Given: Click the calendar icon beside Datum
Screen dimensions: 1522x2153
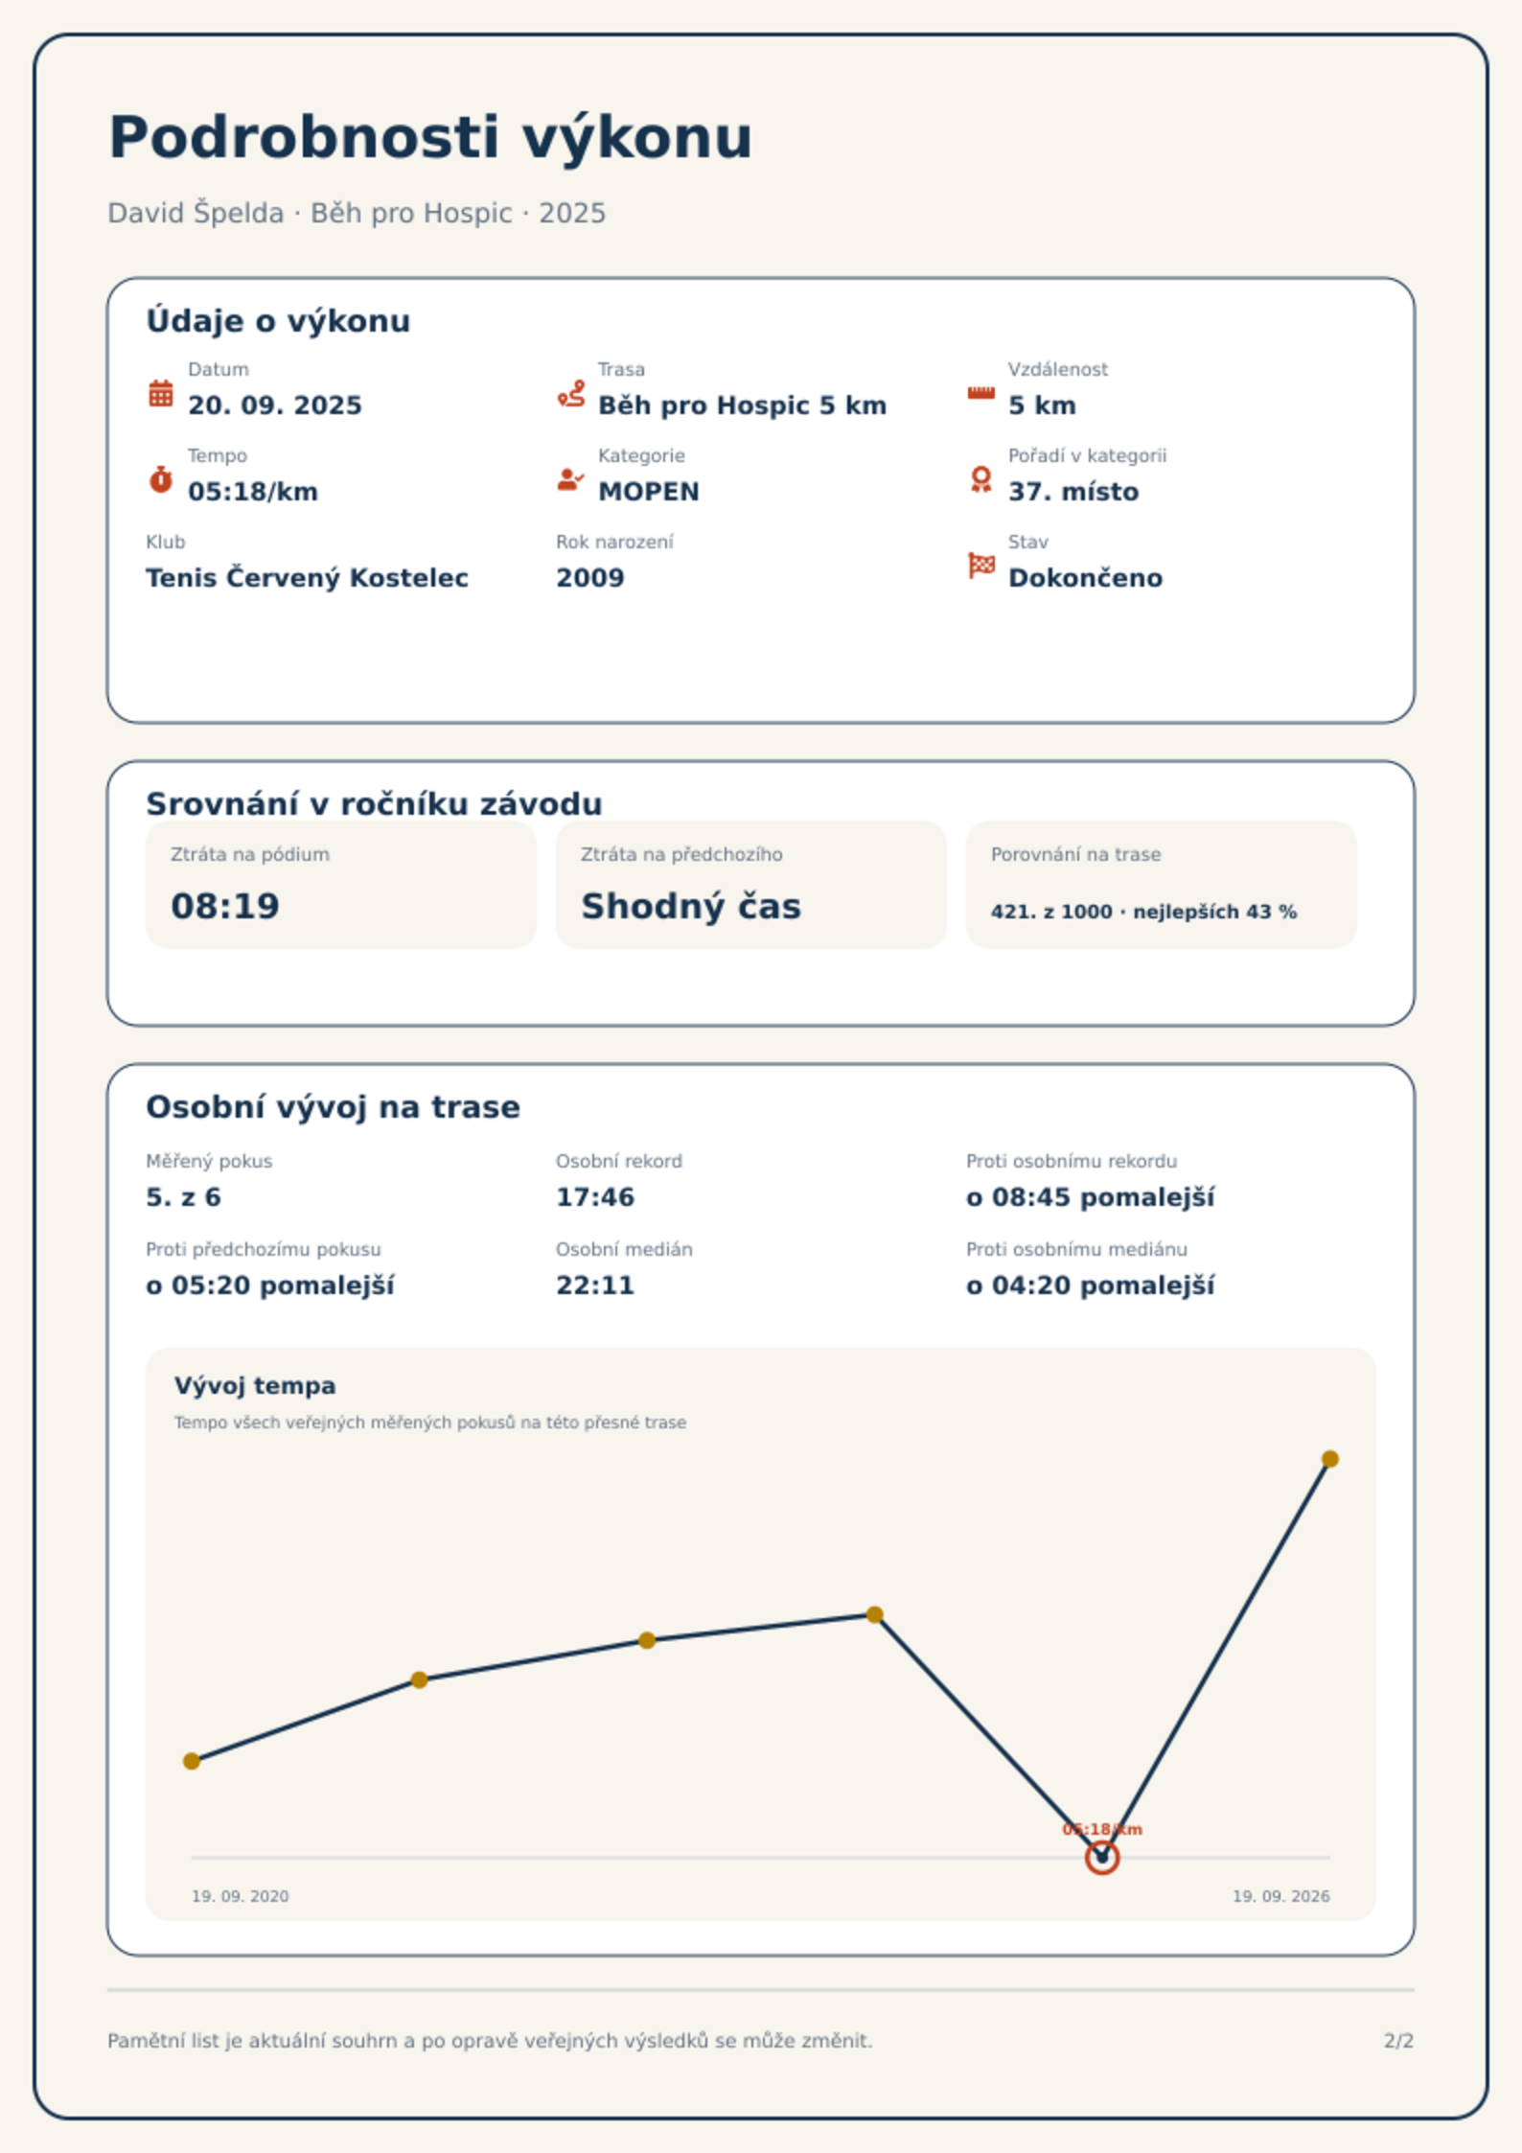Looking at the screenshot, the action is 161,393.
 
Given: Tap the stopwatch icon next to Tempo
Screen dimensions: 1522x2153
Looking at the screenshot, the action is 161,479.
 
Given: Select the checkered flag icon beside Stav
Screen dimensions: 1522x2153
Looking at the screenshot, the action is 981,566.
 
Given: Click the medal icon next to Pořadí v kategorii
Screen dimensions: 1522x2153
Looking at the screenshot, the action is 980,479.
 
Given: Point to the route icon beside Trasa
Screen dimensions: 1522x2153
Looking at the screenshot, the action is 571,393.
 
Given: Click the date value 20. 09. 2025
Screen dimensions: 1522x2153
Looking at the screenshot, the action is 275,405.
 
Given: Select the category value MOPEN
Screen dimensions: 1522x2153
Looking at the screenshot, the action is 649,492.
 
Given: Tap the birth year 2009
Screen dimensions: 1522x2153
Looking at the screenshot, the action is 590,578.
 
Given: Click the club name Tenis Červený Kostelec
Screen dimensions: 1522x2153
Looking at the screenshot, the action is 307,578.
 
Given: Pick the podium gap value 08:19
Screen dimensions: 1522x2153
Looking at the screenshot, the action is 225,906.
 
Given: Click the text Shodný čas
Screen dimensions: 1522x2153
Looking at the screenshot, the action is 691,906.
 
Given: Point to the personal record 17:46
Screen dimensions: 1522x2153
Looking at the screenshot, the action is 595,1197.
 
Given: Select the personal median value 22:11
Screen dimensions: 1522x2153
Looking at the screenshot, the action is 595,1285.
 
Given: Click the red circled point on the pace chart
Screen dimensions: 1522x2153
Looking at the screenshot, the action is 1102,1858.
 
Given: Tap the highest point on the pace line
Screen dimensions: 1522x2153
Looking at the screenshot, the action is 1330,1459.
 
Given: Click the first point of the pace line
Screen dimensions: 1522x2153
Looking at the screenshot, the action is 192,1761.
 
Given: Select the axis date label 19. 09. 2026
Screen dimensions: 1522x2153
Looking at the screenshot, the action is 1280,1896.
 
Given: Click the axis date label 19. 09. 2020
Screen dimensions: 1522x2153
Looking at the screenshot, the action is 240,1896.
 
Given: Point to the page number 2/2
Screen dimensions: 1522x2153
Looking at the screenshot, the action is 1398,2041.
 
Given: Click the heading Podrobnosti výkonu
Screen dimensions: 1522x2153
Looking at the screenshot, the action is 430,138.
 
